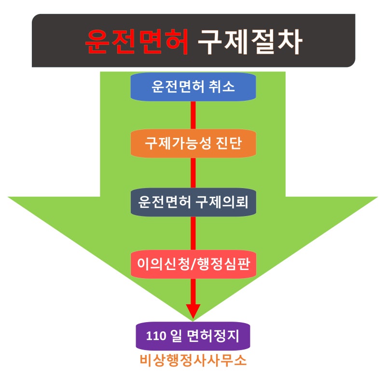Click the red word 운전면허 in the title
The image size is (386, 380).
pos(137,42)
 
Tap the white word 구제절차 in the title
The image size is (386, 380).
pos(250,42)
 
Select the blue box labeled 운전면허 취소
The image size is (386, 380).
pos(193,87)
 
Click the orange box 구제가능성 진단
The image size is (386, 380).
pos(193,144)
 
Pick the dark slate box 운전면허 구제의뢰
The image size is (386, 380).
pos(193,202)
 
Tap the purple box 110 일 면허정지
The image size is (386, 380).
pos(193,335)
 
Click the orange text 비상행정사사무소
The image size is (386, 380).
pos(193,360)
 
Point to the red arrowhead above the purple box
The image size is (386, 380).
pos(193,310)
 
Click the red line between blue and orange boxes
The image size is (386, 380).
pos(193,115)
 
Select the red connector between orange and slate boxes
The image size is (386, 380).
pos(193,172)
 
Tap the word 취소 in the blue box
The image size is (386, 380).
pos(222,87)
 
